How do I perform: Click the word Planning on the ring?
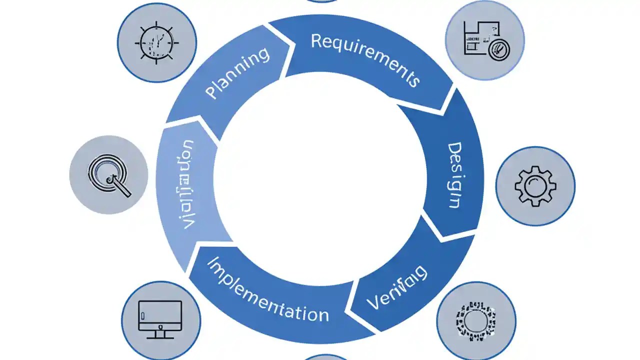(x=237, y=73)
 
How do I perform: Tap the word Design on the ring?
(x=452, y=175)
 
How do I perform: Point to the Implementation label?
(x=267, y=290)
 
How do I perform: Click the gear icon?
(x=535, y=185)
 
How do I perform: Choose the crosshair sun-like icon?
(x=156, y=42)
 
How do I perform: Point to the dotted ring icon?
(x=475, y=320)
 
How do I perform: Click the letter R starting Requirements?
(x=316, y=40)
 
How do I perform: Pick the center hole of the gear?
(x=535, y=185)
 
